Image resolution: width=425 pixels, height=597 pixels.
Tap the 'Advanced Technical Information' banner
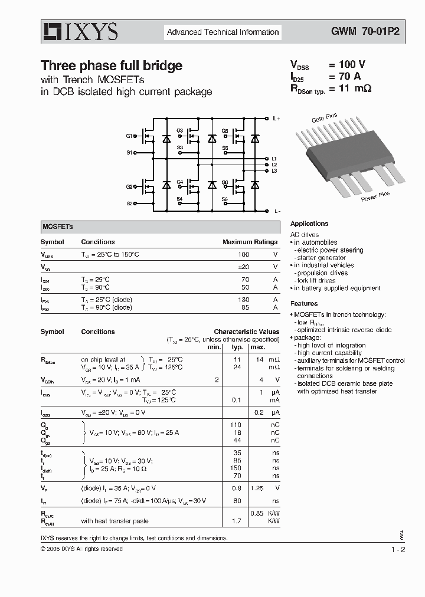click(x=223, y=32)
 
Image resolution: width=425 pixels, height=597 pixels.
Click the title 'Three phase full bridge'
click(x=111, y=66)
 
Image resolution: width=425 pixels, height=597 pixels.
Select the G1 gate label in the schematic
click(x=129, y=136)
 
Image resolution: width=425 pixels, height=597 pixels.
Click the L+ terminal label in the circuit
click(x=276, y=119)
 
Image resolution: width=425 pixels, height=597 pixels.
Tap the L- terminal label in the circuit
click(x=276, y=211)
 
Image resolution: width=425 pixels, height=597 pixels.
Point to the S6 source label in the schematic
click(x=225, y=200)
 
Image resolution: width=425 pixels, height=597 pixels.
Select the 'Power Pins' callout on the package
click(x=375, y=196)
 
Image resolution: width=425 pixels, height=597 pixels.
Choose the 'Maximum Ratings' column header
click(x=250, y=242)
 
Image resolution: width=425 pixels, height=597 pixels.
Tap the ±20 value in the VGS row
click(x=243, y=267)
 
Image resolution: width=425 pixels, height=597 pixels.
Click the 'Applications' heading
click(x=309, y=224)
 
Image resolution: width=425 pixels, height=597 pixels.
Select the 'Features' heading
click(x=304, y=304)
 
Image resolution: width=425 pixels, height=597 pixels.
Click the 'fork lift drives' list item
click(x=316, y=281)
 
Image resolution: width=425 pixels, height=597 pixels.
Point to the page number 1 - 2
click(x=398, y=549)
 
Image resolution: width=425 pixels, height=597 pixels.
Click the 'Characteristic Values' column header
click(x=246, y=332)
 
